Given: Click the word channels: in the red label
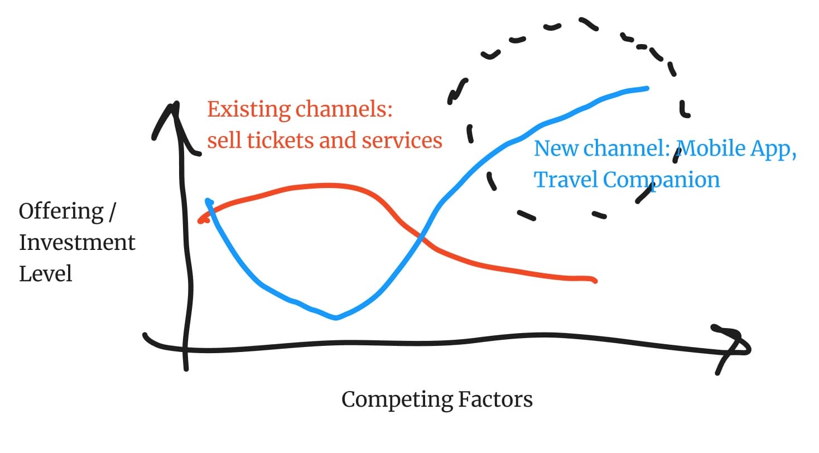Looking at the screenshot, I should [x=344, y=109].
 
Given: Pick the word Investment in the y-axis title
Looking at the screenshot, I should [x=77, y=243].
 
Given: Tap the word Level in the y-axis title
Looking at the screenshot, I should [x=46, y=274].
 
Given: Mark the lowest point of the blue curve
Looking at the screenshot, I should [x=336, y=318].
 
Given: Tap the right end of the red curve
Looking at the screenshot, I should [x=595, y=280].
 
